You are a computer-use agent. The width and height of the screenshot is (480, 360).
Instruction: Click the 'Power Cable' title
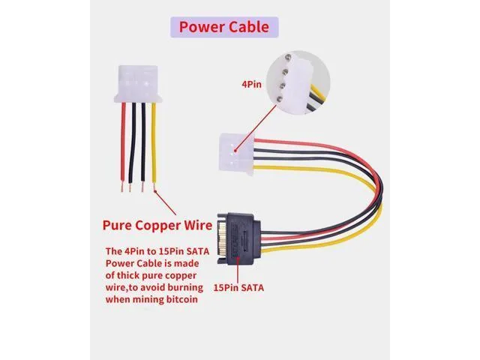click(x=224, y=27)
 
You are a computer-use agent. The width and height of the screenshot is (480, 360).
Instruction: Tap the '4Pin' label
click(x=252, y=85)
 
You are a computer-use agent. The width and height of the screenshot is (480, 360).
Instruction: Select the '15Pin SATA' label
click(x=238, y=288)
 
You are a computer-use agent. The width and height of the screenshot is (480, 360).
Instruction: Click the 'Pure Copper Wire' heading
click(x=157, y=225)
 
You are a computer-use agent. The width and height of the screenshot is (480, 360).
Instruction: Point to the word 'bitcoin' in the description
click(x=182, y=299)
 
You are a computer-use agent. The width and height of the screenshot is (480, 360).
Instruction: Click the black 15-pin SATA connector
click(x=239, y=238)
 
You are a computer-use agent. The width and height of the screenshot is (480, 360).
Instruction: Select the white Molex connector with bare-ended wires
click(x=138, y=84)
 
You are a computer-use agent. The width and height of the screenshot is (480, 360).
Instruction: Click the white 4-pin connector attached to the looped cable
click(x=237, y=154)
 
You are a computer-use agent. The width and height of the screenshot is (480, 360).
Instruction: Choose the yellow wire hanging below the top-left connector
click(x=154, y=143)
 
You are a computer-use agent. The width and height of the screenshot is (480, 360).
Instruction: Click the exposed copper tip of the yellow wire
click(x=154, y=187)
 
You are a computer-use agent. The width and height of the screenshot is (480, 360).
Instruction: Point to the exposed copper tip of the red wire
click(x=122, y=187)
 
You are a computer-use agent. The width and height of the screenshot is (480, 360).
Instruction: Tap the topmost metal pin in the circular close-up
click(x=288, y=57)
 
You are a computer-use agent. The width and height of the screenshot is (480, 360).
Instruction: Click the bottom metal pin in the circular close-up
click(x=280, y=98)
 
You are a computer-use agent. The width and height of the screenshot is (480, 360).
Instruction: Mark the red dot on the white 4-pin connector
click(x=235, y=150)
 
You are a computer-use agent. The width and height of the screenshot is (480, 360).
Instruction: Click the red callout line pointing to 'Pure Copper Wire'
click(x=166, y=203)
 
